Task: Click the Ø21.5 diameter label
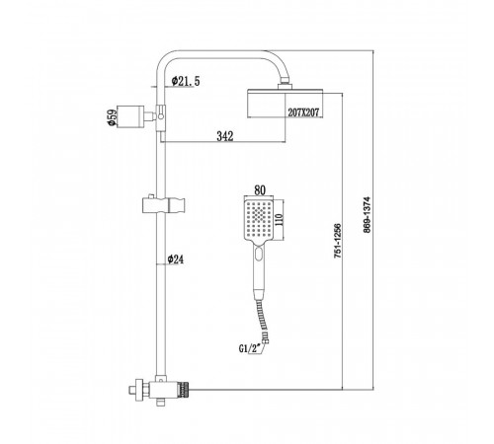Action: (x=186, y=81)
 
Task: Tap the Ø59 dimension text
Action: (x=113, y=117)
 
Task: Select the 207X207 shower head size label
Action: (x=303, y=112)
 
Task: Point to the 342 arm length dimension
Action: (x=225, y=136)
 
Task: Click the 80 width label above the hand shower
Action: (x=260, y=190)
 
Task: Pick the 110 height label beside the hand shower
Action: (x=279, y=219)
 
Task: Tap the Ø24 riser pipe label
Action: (x=176, y=259)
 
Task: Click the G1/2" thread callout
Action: (x=249, y=348)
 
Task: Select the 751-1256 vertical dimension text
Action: (x=338, y=241)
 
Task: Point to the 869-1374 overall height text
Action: (x=367, y=214)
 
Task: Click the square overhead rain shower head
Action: (x=286, y=103)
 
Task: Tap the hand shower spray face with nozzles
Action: (x=259, y=220)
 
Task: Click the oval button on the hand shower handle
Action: (x=259, y=254)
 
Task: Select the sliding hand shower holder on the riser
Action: (x=164, y=204)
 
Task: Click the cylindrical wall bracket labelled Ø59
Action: (x=130, y=116)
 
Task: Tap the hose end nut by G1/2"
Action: (x=265, y=338)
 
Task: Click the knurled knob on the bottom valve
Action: (x=184, y=391)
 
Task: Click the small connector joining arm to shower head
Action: (x=285, y=84)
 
